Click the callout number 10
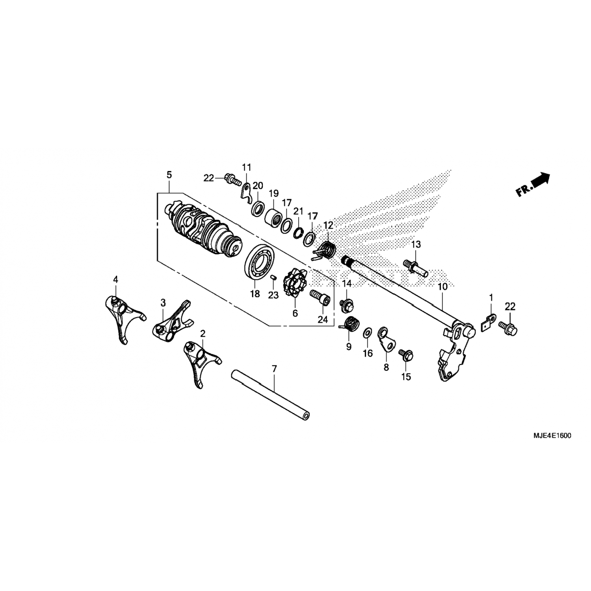click(443, 287)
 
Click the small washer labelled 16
click(366, 333)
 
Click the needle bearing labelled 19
click(273, 217)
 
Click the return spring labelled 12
click(324, 251)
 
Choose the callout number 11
click(246, 167)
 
